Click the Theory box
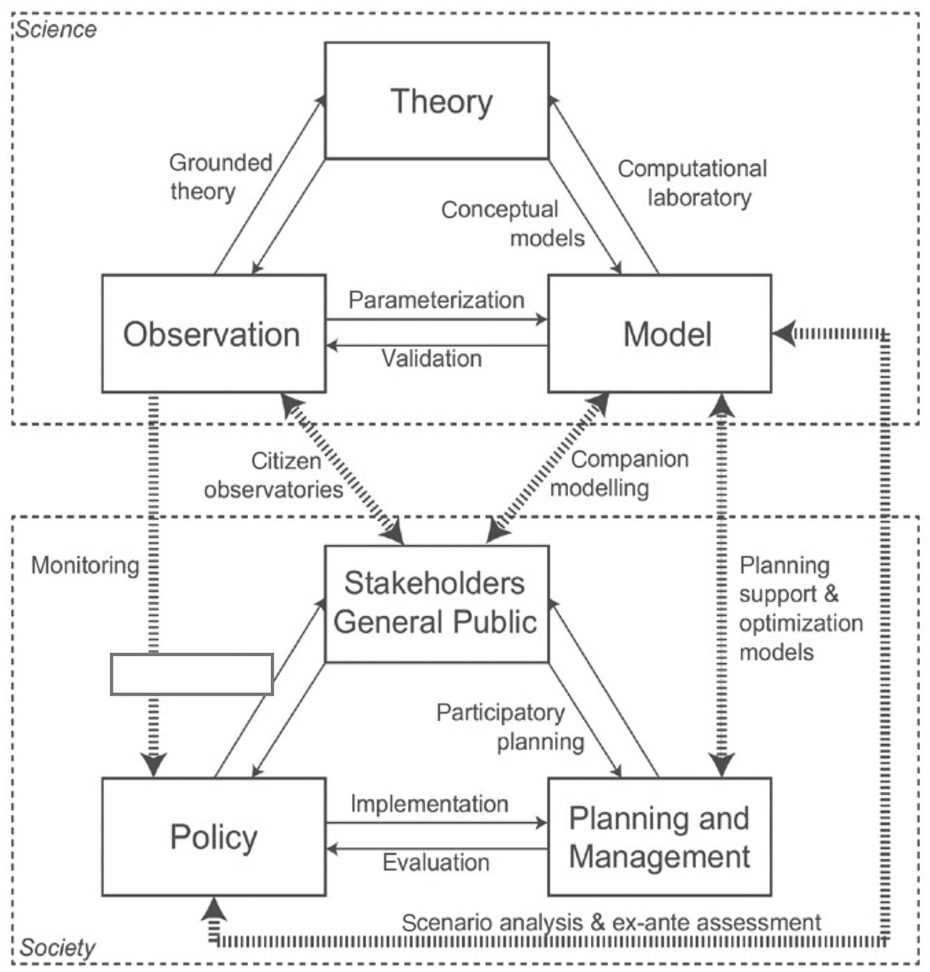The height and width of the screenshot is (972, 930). point(437,100)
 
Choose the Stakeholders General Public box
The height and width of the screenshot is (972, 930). point(437,603)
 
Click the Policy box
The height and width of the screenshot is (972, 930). point(213,837)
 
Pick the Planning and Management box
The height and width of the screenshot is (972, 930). point(660,837)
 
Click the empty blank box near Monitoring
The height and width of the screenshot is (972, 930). point(192,674)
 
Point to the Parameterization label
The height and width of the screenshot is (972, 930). point(436,300)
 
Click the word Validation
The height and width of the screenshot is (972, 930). point(432,358)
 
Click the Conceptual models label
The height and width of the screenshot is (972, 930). point(512,223)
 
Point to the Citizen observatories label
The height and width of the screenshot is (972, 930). point(274,475)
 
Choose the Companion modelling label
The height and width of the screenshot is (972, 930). point(619,473)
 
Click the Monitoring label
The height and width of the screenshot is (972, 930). point(85,566)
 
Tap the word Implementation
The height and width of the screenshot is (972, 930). point(429,804)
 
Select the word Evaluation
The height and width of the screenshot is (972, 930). point(436,862)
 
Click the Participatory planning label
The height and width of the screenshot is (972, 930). point(511,727)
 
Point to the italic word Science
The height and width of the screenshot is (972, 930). point(56,29)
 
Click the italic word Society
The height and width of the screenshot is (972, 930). point(57,948)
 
